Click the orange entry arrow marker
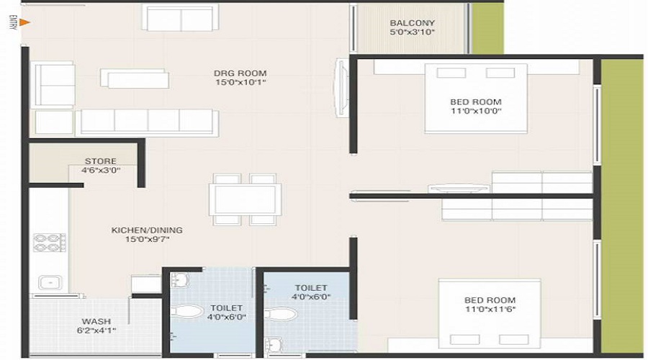pyautogui.click(x=24, y=22)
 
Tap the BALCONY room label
pyautogui.click(x=412, y=22)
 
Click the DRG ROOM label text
pyautogui.click(x=240, y=73)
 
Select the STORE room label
pyautogui.click(x=100, y=161)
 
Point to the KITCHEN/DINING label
pyautogui.click(x=147, y=230)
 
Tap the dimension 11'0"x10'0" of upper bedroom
pyautogui.click(x=474, y=112)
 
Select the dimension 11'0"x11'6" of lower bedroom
pyautogui.click(x=489, y=310)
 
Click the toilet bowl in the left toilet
pyautogui.click(x=189, y=312)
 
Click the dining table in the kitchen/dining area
pyautogui.click(x=245, y=199)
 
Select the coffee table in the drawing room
pyautogui.click(x=135, y=78)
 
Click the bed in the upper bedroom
pyautogui.click(x=475, y=98)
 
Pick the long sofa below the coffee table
pyautogui.click(x=147, y=122)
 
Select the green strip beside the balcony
pyautogui.click(x=487, y=27)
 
